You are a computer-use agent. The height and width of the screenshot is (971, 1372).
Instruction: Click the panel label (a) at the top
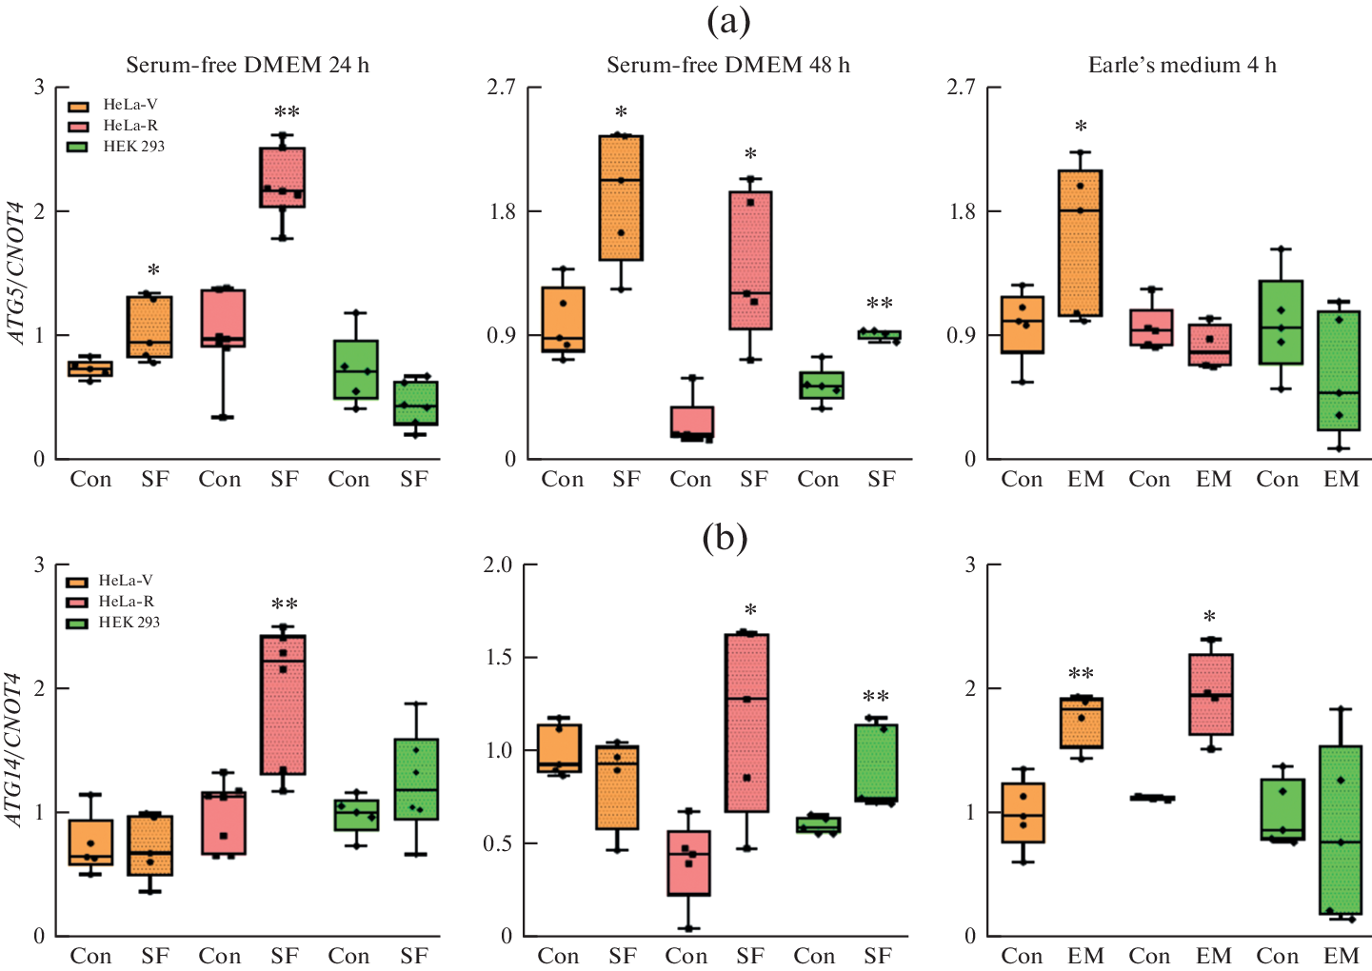pyautogui.click(x=728, y=20)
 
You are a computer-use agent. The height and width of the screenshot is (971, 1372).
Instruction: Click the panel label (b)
pyautogui.click(x=725, y=539)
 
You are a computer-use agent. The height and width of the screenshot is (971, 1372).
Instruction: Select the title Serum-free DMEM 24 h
pyautogui.click(x=248, y=65)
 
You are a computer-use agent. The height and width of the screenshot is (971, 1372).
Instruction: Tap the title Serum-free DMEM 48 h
pyautogui.click(x=728, y=65)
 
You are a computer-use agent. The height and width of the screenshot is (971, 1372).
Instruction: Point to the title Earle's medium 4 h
pyautogui.click(x=1183, y=65)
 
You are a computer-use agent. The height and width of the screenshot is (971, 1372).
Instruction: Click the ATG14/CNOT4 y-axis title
pyautogui.click(x=16, y=749)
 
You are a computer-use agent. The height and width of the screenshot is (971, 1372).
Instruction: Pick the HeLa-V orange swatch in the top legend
pyautogui.click(x=78, y=106)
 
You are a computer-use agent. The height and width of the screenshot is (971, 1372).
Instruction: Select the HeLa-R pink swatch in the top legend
pyautogui.click(x=78, y=127)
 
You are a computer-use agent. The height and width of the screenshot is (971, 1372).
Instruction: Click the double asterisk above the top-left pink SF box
pyautogui.click(x=287, y=113)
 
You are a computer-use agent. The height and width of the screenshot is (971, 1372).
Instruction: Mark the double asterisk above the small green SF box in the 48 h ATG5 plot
pyautogui.click(x=880, y=305)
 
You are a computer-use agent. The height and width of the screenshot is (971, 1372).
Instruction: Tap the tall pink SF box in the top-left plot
pyautogui.click(x=283, y=177)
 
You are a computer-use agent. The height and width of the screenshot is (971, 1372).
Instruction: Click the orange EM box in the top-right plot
pyautogui.click(x=1080, y=243)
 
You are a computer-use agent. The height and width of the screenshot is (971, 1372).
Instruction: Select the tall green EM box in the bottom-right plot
pyautogui.click(x=1340, y=830)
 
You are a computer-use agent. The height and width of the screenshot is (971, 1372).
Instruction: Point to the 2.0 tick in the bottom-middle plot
pyautogui.click(x=498, y=565)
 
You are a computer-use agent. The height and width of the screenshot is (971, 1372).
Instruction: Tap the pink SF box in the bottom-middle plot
pyautogui.click(x=746, y=723)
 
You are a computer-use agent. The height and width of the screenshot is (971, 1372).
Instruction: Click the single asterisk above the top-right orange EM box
pyautogui.click(x=1081, y=127)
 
